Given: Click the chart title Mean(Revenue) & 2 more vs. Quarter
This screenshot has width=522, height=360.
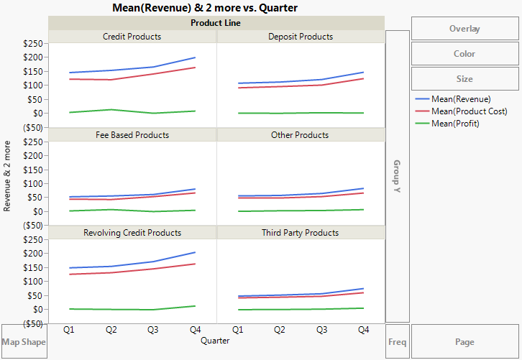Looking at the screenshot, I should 205,7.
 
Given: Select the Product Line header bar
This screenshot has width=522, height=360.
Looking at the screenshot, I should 216,23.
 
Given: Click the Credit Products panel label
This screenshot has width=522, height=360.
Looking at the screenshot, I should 132,37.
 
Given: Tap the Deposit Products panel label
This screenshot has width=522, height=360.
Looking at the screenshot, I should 301,37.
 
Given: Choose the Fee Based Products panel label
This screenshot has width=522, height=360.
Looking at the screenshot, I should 132,135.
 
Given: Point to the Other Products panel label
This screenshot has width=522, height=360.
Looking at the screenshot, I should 301,135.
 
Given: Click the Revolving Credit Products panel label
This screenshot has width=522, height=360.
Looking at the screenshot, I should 132,233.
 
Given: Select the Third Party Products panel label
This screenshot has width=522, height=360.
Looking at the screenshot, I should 301,233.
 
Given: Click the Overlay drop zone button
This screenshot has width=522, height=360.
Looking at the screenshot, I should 464,29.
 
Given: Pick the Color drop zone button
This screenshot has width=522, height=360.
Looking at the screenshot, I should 464,54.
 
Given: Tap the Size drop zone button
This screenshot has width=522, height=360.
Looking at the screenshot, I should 464,79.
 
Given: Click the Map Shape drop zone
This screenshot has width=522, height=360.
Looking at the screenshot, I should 24,342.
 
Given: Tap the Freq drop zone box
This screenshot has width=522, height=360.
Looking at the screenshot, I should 398,342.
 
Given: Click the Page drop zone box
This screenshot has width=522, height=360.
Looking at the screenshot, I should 464,342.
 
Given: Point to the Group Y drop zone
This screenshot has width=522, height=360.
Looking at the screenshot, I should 398,176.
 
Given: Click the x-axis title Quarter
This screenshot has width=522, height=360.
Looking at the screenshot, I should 216,341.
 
